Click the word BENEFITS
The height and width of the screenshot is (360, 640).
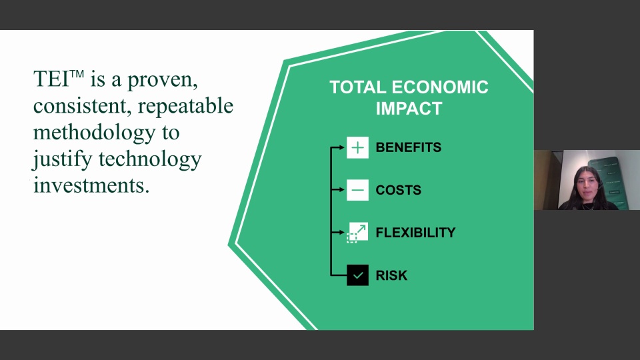point(408,147)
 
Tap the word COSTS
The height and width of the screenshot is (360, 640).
point(398,190)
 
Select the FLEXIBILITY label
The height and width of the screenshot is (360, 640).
point(415,233)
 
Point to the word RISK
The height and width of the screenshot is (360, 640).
point(391,275)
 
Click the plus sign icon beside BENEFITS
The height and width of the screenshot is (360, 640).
point(357,147)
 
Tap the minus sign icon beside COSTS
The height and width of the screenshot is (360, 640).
point(357,190)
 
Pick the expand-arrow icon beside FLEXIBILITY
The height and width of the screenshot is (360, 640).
point(357,233)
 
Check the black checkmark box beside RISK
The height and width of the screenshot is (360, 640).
point(357,275)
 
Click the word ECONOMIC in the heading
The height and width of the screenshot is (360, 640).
point(440,87)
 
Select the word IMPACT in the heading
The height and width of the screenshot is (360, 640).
point(409,109)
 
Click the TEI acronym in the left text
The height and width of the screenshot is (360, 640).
point(51,79)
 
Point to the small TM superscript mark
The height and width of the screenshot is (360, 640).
point(77,74)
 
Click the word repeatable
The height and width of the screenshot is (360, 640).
point(185,107)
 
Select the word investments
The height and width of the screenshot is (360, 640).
point(91,186)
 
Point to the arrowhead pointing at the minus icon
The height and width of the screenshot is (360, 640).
point(341,190)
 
